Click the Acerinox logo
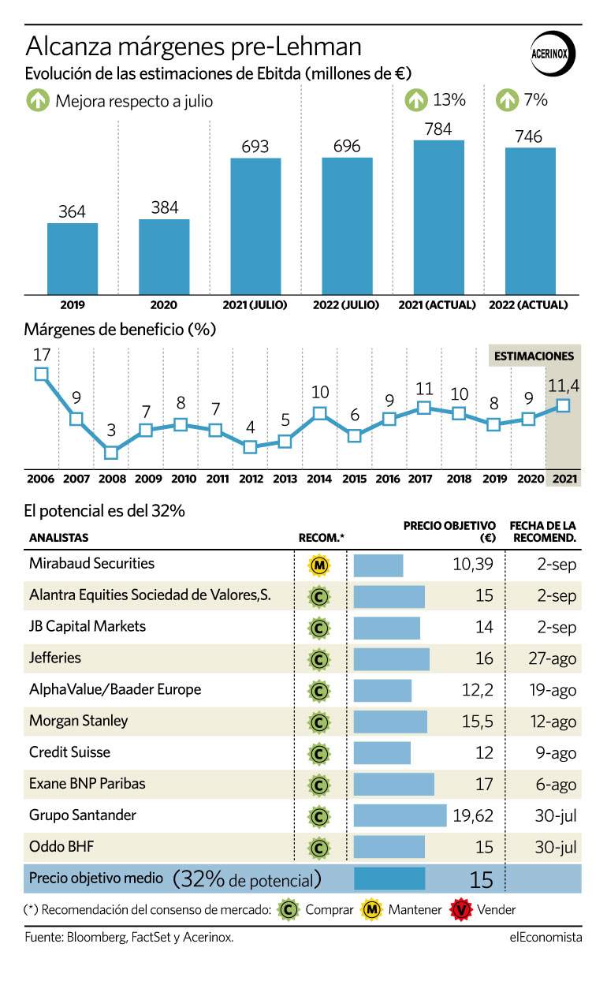[553, 54]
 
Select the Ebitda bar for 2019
[73, 259]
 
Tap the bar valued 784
[438, 218]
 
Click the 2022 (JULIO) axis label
[345, 305]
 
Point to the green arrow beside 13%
[415, 100]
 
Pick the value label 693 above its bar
[255, 146]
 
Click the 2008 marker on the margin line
[111, 453]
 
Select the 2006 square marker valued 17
[41, 374]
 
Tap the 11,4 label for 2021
[563, 386]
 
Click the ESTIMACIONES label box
[534, 356]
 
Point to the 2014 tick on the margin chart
[318, 479]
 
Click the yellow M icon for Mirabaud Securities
[319, 565]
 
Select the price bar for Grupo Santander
[400, 815]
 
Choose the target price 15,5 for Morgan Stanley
[478, 722]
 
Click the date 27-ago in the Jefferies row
[553, 658]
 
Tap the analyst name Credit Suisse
[69, 752]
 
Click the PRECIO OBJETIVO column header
[449, 532]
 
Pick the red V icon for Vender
[460, 909]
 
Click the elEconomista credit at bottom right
[546, 937]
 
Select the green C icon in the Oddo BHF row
[319, 848]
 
